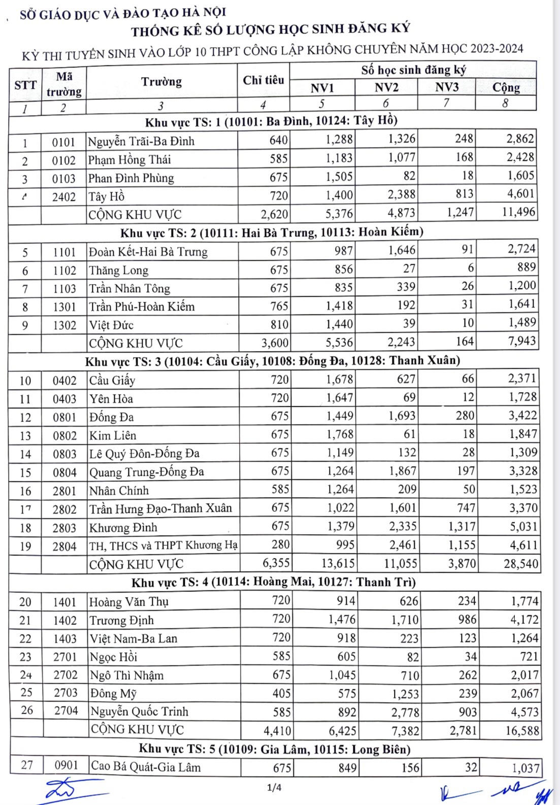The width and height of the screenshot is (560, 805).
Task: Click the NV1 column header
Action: (x=322, y=88)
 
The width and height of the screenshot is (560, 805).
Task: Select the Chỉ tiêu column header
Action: (x=263, y=80)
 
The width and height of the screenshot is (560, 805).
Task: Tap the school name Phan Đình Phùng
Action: (x=131, y=178)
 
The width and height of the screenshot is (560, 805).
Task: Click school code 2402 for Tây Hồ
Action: (x=63, y=197)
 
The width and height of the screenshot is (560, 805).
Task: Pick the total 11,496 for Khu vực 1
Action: (x=511, y=212)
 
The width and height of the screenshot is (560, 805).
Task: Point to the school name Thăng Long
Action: (x=119, y=270)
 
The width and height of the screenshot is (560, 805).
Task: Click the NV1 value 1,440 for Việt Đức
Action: (x=340, y=325)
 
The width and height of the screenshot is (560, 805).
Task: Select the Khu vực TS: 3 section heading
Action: (x=273, y=361)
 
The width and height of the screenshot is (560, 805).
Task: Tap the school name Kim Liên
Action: (x=113, y=435)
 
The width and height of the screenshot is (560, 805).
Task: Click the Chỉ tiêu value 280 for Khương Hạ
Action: (x=280, y=545)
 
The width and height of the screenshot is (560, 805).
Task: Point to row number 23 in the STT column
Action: (x=25, y=657)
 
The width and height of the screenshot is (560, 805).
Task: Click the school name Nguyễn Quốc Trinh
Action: (x=139, y=712)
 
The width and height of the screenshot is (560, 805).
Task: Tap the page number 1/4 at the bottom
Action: (x=274, y=788)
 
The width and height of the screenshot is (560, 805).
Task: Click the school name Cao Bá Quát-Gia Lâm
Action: (x=145, y=767)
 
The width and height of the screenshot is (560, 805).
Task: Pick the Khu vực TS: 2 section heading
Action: (x=272, y=233)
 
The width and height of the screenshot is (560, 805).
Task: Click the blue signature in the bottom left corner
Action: (x=66, y=789)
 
